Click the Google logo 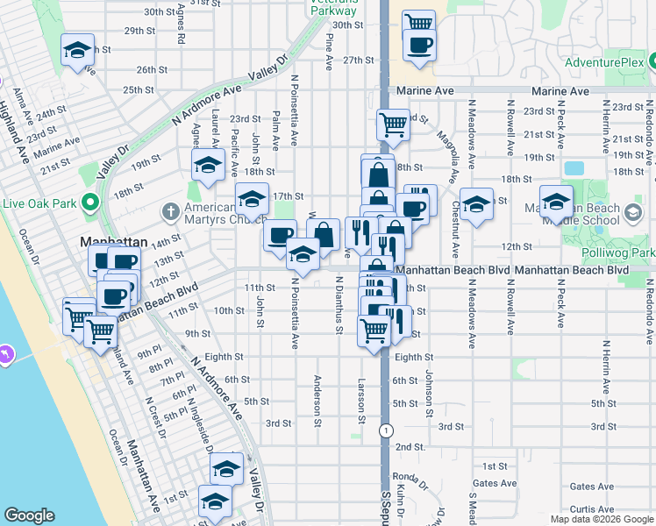point(29,515)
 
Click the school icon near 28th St point(78,51)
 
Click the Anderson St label point(318,394)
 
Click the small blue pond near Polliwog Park point(574,168)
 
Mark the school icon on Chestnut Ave point(476,204)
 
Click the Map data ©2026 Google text point(601,519)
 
